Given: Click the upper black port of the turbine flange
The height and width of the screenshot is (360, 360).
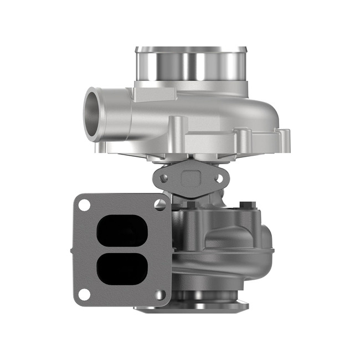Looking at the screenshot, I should pos(122,231).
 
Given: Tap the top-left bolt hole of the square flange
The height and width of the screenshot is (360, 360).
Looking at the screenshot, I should pos(84,204).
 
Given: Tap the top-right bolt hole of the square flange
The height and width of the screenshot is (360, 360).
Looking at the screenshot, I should pos(161,204).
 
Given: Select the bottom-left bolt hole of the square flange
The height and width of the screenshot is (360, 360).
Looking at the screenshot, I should pos(84,295).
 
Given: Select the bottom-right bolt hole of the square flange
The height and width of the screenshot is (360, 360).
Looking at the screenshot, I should pos(161,295).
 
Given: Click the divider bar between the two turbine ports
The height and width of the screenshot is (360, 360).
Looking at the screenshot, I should pos(122,250).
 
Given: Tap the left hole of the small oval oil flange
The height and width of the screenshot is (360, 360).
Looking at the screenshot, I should pos(163,178).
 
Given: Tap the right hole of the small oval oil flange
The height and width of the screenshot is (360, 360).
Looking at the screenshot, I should pos(219,178).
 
